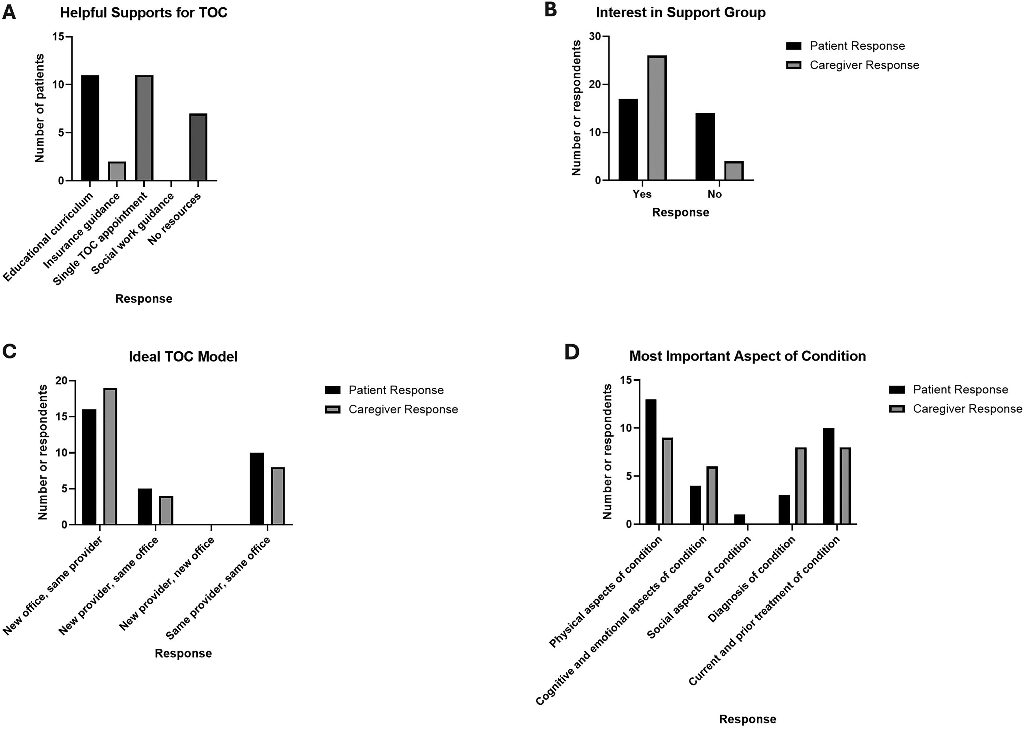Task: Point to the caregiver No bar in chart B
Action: tap(734, 171)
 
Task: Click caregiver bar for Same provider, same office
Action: tap(278, 496)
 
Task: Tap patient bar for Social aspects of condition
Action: tap(740, 519)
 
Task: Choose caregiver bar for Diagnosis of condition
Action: tap(801, 486)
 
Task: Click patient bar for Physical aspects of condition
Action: tap(651, 462)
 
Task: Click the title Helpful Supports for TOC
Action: tap(144, 13)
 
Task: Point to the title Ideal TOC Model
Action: tap(183, 356)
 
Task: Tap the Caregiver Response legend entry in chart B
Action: tap(853, 65)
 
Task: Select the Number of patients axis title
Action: tap(40, 108)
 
